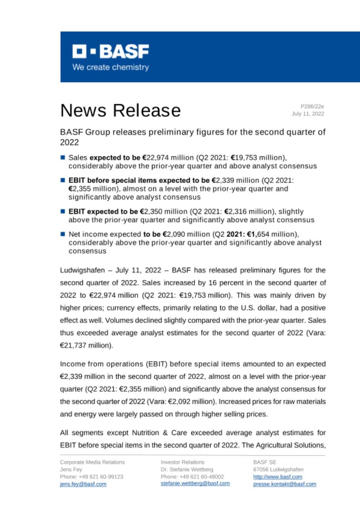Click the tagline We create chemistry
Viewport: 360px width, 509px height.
click(110, 67)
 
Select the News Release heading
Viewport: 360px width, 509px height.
click(120, 110)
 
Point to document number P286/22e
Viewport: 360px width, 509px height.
click(312, 106)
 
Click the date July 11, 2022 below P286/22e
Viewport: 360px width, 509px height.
click(308, 114)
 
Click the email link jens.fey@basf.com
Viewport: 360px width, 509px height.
click(83, 484)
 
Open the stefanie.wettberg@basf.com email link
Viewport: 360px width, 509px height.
click(195, 484)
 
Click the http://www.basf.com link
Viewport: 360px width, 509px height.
click(278, 476)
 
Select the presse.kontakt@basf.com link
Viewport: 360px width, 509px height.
click(284, 484)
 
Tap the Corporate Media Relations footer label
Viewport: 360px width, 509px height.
click(92, 462)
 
